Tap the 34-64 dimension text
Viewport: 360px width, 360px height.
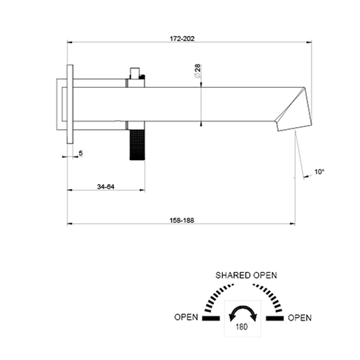[x=106, y=187]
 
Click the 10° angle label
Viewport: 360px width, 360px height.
[x=319, y=172]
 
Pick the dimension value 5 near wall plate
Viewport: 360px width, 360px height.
[x=80, y=153]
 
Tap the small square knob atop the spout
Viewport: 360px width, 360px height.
[x=135, y=72]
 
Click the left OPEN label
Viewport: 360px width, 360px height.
[x=186, y=318]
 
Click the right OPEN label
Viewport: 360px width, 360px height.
[x=300, y=318]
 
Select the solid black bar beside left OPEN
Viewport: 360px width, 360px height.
[x=210, y=318]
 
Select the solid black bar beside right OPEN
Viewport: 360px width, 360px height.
[x=274, y=318]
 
